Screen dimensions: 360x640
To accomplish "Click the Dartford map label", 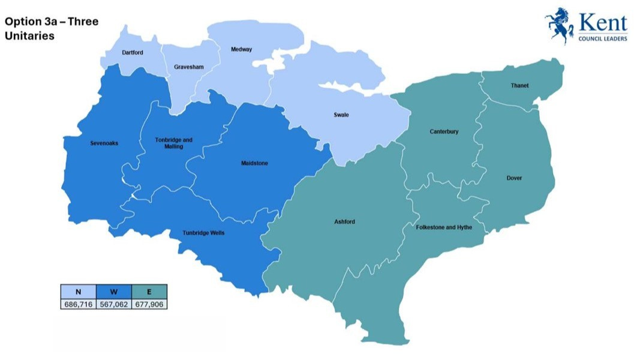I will pos(133,53).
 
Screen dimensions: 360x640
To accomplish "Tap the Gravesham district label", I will pos(185,67).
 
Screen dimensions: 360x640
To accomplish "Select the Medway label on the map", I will pos(242,49).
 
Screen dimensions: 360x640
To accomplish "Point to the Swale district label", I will pos(341,115).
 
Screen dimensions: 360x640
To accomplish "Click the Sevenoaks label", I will pos(104,143).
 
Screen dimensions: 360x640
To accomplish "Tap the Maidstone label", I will pos(254,163).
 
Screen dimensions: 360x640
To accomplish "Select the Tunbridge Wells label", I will pos(204,233).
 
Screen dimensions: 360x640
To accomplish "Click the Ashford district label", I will pos(344,222).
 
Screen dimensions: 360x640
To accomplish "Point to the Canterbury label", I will pos(444,131).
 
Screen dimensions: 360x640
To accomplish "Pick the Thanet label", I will pos(519,86).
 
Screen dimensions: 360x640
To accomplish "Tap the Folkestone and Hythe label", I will pos(444,228).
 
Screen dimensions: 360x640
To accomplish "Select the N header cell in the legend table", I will pos(78,292).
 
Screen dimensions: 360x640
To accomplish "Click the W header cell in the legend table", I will pos(114,292).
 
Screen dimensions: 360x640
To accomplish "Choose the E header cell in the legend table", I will pos(149,292).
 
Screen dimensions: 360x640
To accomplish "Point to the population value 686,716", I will pos(78,304).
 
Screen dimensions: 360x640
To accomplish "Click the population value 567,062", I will pos(114,304).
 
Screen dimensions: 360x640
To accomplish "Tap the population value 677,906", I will pos(149,304).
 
